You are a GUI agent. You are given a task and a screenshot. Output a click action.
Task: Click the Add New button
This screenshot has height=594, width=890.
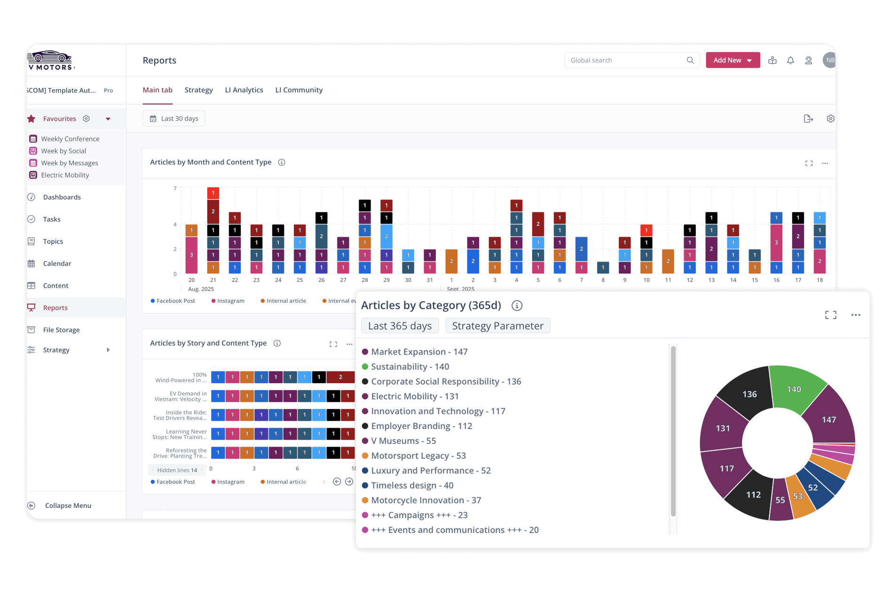(732, 60)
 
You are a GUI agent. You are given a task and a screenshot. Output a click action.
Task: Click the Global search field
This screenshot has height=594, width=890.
(625, 60)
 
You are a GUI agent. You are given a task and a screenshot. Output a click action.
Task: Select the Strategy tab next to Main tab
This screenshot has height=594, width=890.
(198, 90)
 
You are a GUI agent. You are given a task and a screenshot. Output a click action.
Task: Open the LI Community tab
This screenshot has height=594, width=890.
(299, 90)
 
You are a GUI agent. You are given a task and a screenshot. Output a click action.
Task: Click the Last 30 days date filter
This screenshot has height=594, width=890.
(174, 119)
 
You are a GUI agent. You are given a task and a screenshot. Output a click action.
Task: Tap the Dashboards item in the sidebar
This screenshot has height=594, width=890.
(62, 197)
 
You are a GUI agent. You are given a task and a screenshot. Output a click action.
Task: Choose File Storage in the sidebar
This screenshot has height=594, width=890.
(61, 330)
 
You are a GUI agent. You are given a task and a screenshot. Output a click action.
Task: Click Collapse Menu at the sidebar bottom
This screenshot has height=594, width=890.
(68, 506)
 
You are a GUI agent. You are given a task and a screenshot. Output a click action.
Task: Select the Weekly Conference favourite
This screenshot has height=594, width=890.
(70, 139)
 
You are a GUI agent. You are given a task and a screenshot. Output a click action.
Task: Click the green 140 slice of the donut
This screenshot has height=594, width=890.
(794, 387)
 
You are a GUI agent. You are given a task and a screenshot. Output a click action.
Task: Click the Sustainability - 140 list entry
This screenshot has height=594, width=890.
(410, 367)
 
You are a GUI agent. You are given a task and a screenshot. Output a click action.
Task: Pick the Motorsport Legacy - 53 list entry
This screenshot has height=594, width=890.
(418, 456)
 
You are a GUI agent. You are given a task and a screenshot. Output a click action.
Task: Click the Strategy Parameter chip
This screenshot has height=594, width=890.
(497, 326)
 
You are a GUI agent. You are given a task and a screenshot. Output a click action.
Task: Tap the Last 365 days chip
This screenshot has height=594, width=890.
(400, 326)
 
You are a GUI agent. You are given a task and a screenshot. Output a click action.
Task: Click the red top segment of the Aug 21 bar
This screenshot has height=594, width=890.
(213, 193)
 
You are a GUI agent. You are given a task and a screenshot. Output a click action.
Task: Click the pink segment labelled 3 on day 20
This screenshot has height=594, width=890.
(191, 255)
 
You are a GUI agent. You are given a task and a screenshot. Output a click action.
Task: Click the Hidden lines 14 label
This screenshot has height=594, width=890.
(177, 470)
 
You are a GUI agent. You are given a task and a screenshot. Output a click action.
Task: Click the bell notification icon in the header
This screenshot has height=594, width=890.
(790, 60)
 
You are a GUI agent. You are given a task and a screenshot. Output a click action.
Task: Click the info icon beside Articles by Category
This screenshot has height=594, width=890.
(517, 305)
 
